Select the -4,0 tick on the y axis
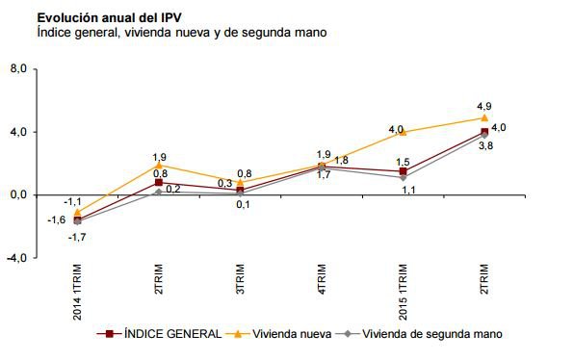(18, 258)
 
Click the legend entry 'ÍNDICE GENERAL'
(154, 333)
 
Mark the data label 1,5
(404, 162)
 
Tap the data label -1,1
(71, 201)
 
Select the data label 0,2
(173, 189)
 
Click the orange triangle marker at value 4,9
(484, 117)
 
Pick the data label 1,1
(408, 190)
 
